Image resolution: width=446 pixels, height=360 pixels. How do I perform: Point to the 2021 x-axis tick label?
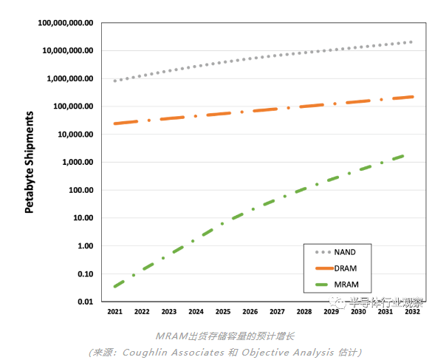pos(114,312)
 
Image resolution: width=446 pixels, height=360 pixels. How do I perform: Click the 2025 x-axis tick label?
pos(222,312)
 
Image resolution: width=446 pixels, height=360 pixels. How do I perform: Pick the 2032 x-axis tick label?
pos(411,312)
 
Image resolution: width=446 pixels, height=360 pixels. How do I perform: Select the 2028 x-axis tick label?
pos(303,312)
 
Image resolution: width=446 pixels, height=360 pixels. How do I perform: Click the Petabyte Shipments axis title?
pos(30,163)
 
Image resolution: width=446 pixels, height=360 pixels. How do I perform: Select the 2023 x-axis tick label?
pos(168,312)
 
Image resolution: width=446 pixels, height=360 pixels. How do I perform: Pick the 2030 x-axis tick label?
pos(357,312)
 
